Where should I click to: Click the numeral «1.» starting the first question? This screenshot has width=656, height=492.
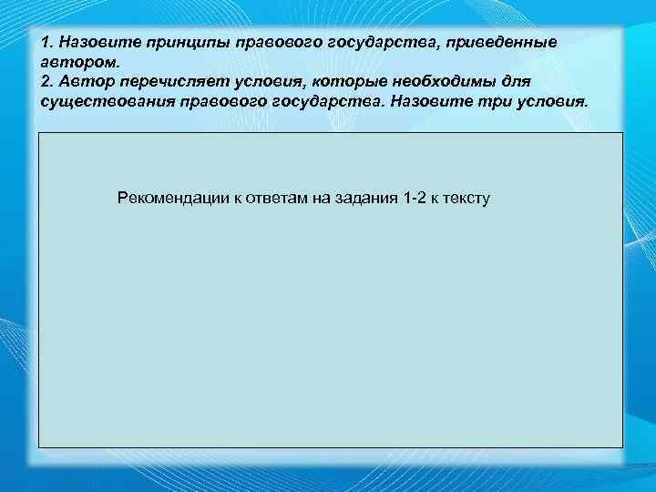click(47, 43)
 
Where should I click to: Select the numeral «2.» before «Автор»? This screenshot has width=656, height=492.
click(48, 81)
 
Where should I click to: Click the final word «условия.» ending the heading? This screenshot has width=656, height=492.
click(555, 100)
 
